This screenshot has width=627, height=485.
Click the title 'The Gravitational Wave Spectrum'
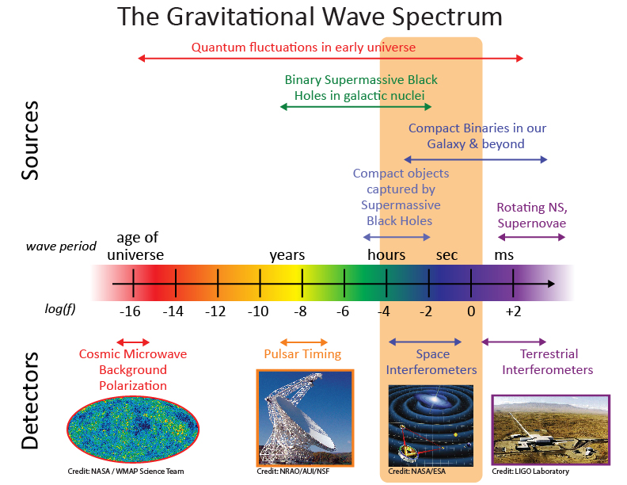[x=310, y=17]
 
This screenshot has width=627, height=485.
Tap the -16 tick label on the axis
[x=131, y=311]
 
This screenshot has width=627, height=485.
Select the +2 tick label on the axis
[x=514, y=311]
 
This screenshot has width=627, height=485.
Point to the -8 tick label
[x=301, y=311]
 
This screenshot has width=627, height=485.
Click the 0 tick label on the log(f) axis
[x=471, y=311]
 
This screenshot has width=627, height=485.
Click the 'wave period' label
[x=61, y=246]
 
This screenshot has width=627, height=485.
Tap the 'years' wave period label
[x=287, y=255]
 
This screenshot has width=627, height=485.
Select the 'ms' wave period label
[x=503, y=255]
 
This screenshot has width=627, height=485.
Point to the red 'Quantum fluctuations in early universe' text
[x=303, y=47]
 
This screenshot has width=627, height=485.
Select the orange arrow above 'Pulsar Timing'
[x=302, y=342]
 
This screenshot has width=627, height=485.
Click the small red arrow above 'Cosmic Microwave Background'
[x=132, y=342]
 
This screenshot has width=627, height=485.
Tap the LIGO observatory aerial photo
[x=551, y=430]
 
